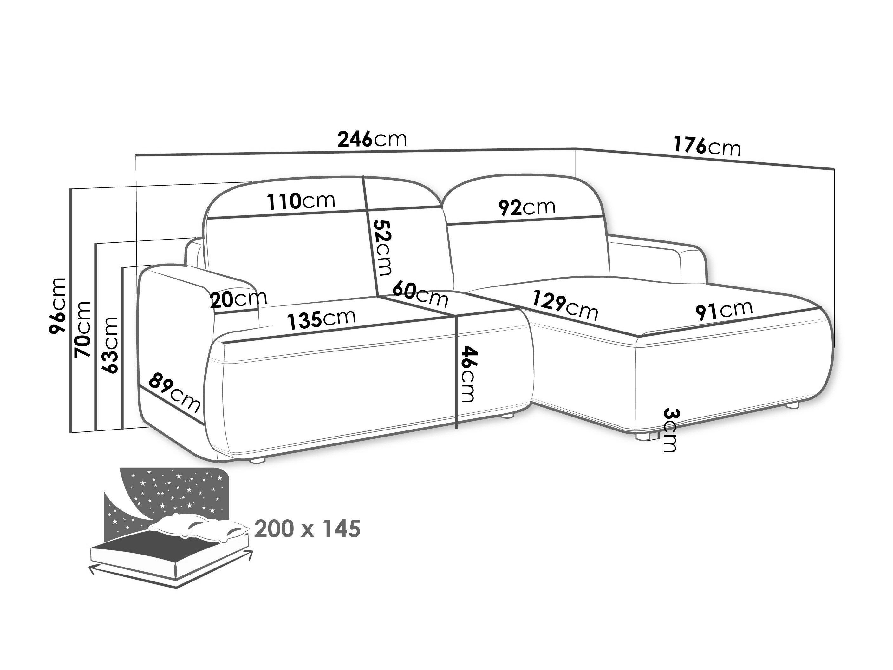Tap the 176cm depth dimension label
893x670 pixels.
tap(707, 146)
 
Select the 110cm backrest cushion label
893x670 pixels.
tap(301, 201)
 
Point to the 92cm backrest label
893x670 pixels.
tap(527, 207)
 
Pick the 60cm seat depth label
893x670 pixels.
tap(420, 294)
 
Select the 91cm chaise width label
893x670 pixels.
tap(724, 310)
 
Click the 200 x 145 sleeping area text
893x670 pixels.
tap(307, 529)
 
